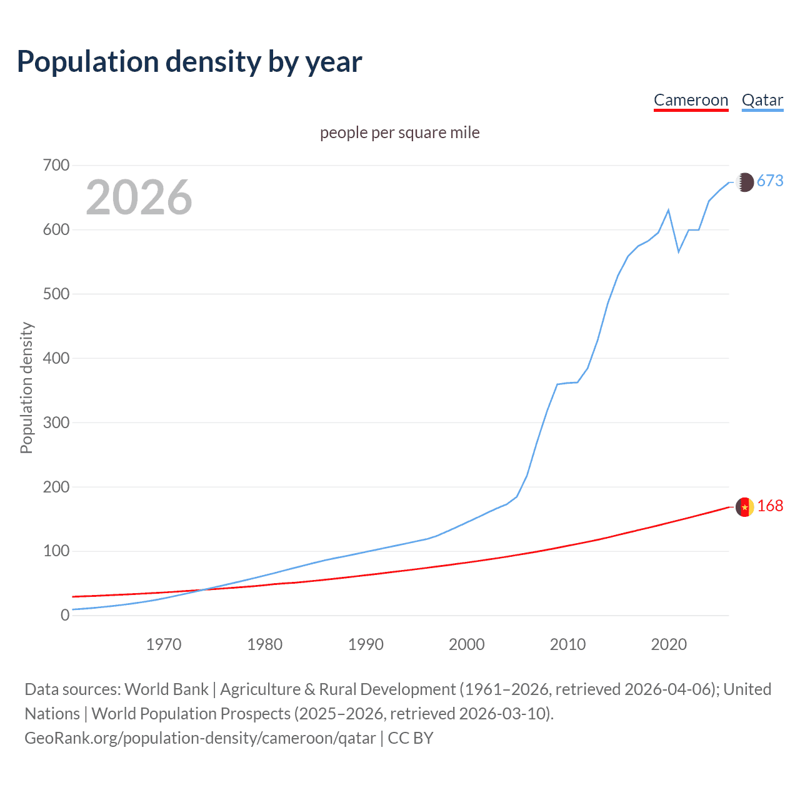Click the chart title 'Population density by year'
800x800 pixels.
(189, 62)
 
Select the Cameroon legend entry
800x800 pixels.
(691, 101)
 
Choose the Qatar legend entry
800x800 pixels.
(762, 101)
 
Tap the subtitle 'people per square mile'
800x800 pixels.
(399, 133)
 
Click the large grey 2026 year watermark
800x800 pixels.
(139, 197)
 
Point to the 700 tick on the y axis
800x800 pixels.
(56, 166)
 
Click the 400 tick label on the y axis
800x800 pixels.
(56, 358)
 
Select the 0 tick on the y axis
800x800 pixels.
(65, 615)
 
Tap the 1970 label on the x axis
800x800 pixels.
(164, 644)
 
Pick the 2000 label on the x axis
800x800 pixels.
(467, 644)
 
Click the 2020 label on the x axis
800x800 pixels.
(669, 644)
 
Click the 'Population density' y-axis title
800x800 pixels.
(26, 387)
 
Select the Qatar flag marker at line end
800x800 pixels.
(744, 182)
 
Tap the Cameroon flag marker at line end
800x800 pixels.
(744, 507)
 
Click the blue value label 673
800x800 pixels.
(770, 181)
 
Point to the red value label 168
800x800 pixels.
(770, 506)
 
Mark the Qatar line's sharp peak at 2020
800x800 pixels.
(669, 210)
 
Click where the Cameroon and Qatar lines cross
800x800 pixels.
(201, 590)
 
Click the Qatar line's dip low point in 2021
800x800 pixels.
(679, 252)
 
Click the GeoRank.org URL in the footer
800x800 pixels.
(200, 738)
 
